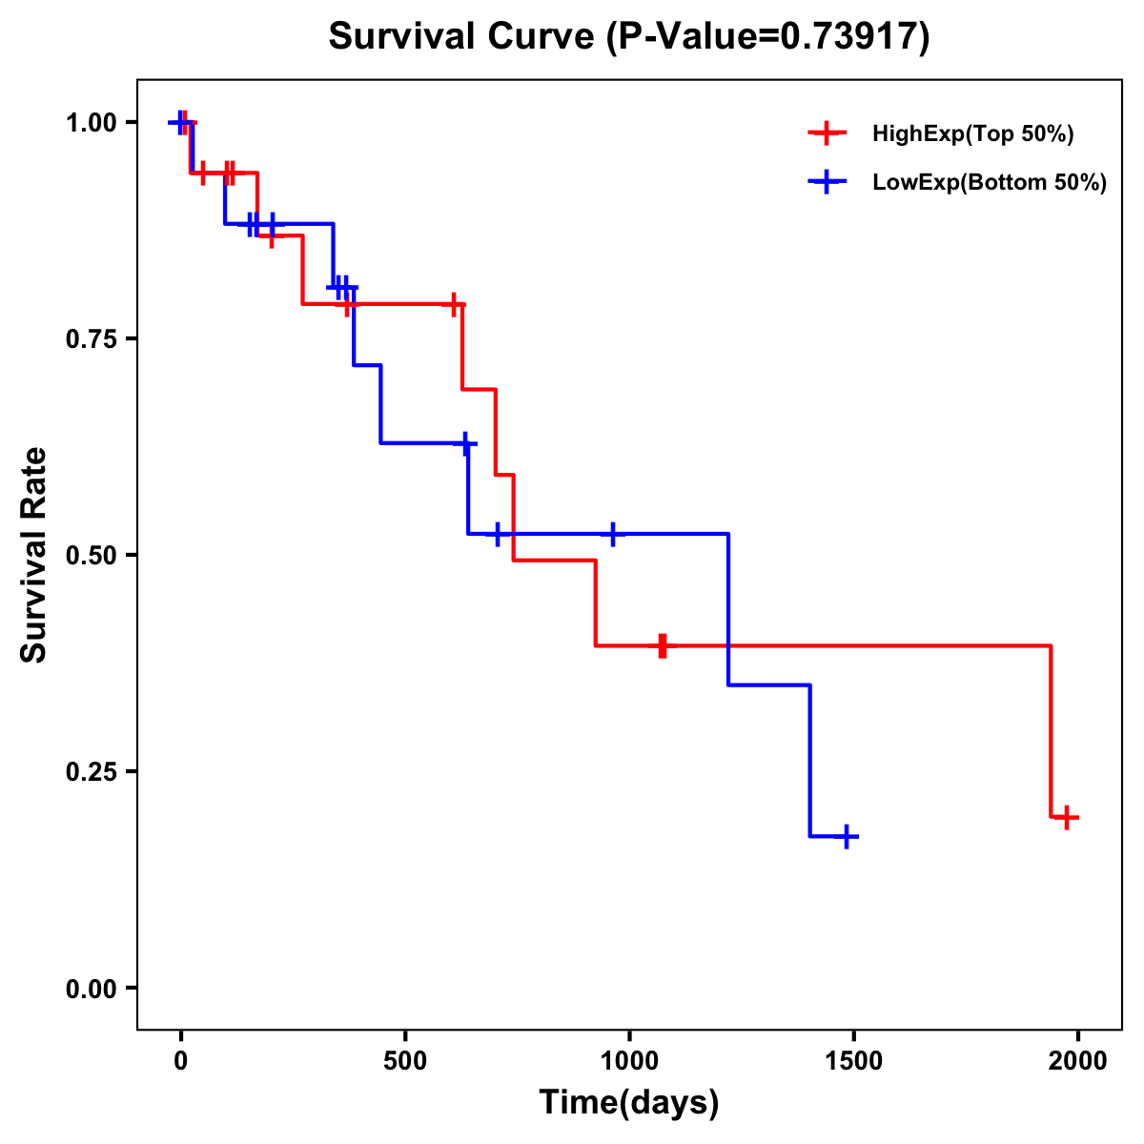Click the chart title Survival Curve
628,37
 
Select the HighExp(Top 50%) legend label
973,134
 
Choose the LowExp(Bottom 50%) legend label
990,183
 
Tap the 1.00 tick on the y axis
92,123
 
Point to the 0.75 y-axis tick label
92,339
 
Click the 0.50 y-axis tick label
92,556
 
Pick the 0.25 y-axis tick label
92,772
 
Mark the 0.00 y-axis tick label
92,989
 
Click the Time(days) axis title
629,1103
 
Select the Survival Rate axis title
34,555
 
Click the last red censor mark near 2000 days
1067,817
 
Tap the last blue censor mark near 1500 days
846,837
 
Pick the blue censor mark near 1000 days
612,534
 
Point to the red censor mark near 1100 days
663,645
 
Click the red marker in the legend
827,133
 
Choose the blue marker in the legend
827,182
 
